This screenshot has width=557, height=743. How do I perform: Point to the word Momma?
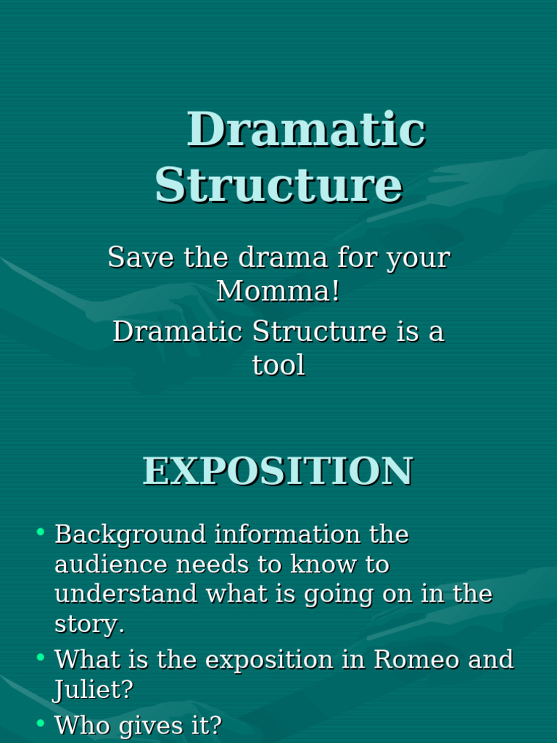pyautogui.click(x=278, y=291)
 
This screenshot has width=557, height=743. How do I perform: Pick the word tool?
pyautogui.click(x=278, y=365)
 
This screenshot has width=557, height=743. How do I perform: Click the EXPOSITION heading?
pyautogui.click(x=278, y=471)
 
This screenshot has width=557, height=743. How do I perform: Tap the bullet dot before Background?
pyautogui.click(x=41, y=533)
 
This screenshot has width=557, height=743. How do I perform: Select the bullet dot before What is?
pyautogui.click(x=41, y=657)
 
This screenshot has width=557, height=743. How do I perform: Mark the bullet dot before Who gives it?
pyautogui.click(x=41, y=722)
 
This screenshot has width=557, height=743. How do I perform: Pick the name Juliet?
pyautogui.click(x=93, y=690)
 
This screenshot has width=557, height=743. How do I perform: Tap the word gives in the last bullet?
pyautogui.click(x=158, y=725)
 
